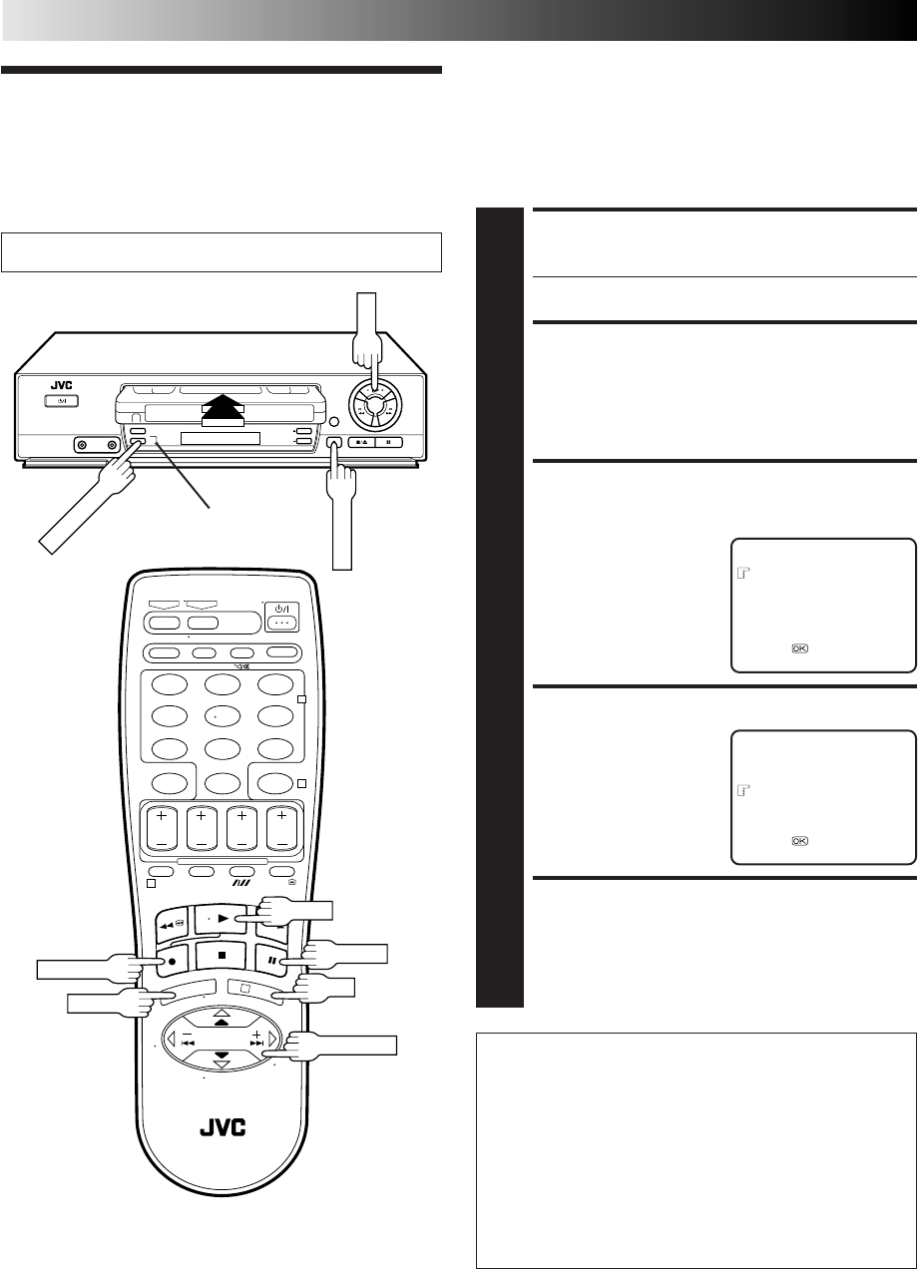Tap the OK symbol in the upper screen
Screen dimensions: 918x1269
point(800,648)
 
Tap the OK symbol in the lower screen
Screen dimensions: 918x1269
point(800,840)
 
